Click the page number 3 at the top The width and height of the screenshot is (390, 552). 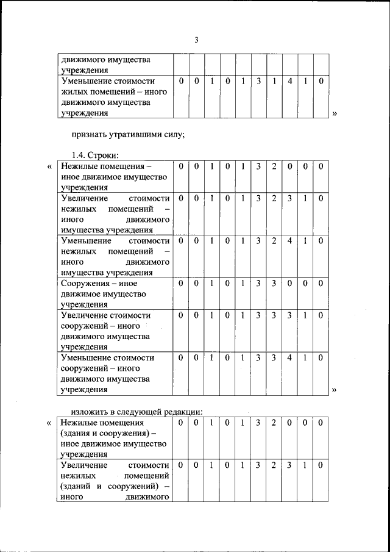(196, 40)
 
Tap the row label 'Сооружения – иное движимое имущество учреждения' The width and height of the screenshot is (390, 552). (104, 294)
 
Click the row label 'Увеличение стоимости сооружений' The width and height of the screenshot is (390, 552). (105, 331)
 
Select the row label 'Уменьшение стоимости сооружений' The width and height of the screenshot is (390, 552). (107, 373)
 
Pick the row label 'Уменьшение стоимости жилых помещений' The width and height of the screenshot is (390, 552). (107, 96)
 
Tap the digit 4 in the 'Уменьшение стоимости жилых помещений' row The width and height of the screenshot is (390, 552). (289, 81)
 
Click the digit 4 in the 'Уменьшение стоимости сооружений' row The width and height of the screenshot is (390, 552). (289, 358)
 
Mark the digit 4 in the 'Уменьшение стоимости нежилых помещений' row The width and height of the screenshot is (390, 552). (289, 241)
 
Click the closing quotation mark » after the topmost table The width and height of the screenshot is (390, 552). (335, 113)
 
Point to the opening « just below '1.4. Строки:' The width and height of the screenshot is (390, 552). (49, 167)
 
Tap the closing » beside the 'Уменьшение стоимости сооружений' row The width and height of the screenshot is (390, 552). (335, 390)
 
